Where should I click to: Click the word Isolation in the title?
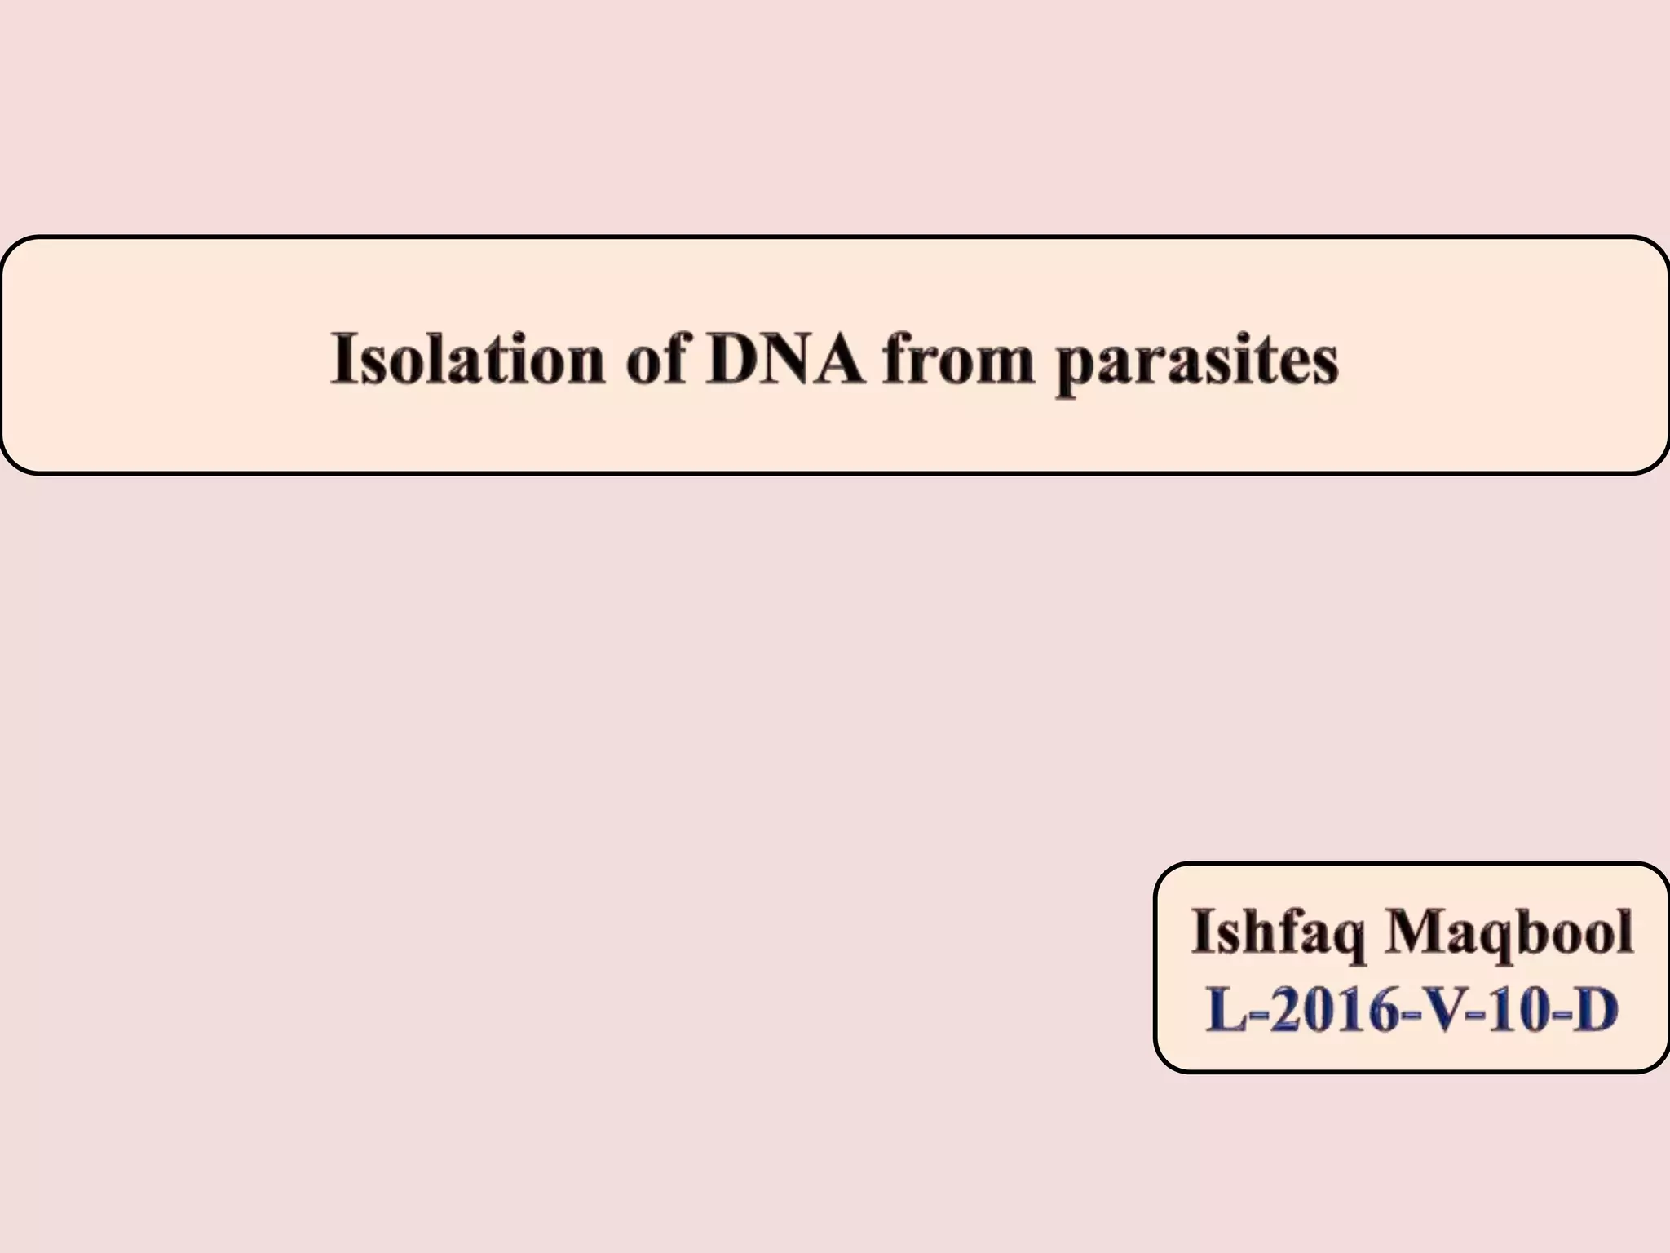tap(467, 359)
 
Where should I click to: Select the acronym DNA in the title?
tap(786, 359)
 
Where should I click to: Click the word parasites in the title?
tap(1197, 364)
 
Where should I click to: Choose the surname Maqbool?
tap(1509, 932)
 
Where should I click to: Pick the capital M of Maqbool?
tap(1420, 932)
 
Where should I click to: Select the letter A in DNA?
tap(837, 359)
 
